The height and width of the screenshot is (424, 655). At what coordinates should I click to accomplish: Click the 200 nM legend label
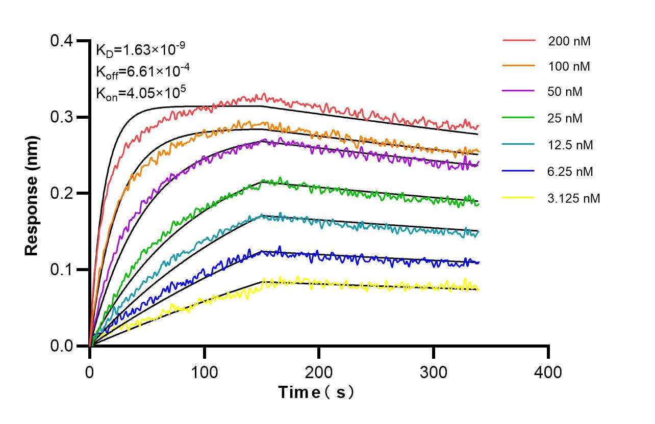pos(569,41)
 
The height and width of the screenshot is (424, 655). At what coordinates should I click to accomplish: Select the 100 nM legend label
pos(569,66)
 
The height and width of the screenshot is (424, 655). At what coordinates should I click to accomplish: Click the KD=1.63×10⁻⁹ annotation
pos(140,50)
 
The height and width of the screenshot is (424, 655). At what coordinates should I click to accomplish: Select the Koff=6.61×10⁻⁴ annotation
pos(140,71)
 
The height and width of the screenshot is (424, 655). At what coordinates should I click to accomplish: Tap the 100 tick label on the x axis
pos(205,372)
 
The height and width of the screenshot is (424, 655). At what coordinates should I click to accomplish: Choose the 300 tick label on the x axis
pos(434,372)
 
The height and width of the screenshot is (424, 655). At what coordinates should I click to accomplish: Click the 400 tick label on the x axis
pos(548,372)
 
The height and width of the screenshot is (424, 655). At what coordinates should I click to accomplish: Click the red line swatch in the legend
pos(518,40)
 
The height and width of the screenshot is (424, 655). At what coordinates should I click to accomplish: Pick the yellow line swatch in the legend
pos(518,197)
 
